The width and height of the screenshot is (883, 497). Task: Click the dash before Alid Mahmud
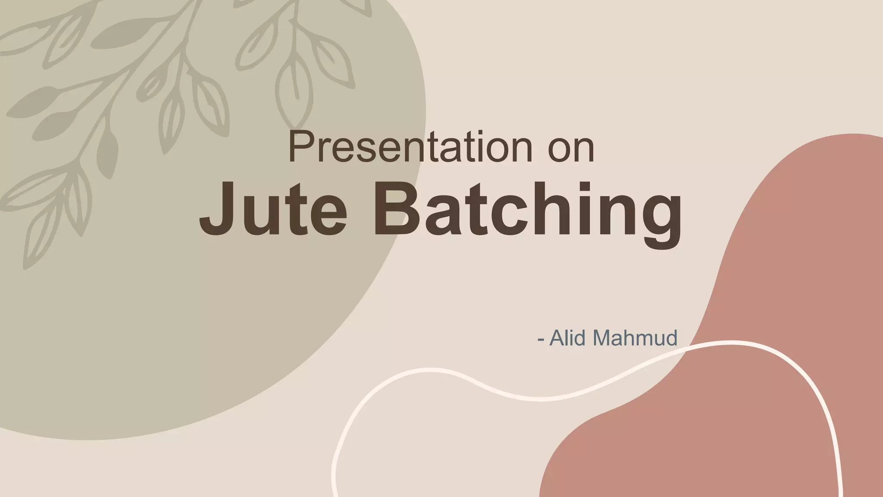coord(541,340)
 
